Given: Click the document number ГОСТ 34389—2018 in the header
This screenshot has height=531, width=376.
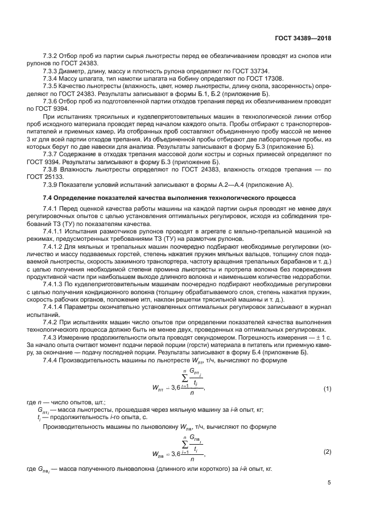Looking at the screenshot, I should (x=302, y=39).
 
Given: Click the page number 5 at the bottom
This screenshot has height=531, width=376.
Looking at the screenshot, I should (x=329, y=483).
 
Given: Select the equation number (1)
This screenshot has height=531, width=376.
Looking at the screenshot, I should (x=327, y=388).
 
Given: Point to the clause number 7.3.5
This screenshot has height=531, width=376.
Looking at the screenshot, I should (x=52, y=86).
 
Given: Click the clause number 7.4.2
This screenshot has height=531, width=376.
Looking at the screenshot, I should (x=52, y=321).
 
